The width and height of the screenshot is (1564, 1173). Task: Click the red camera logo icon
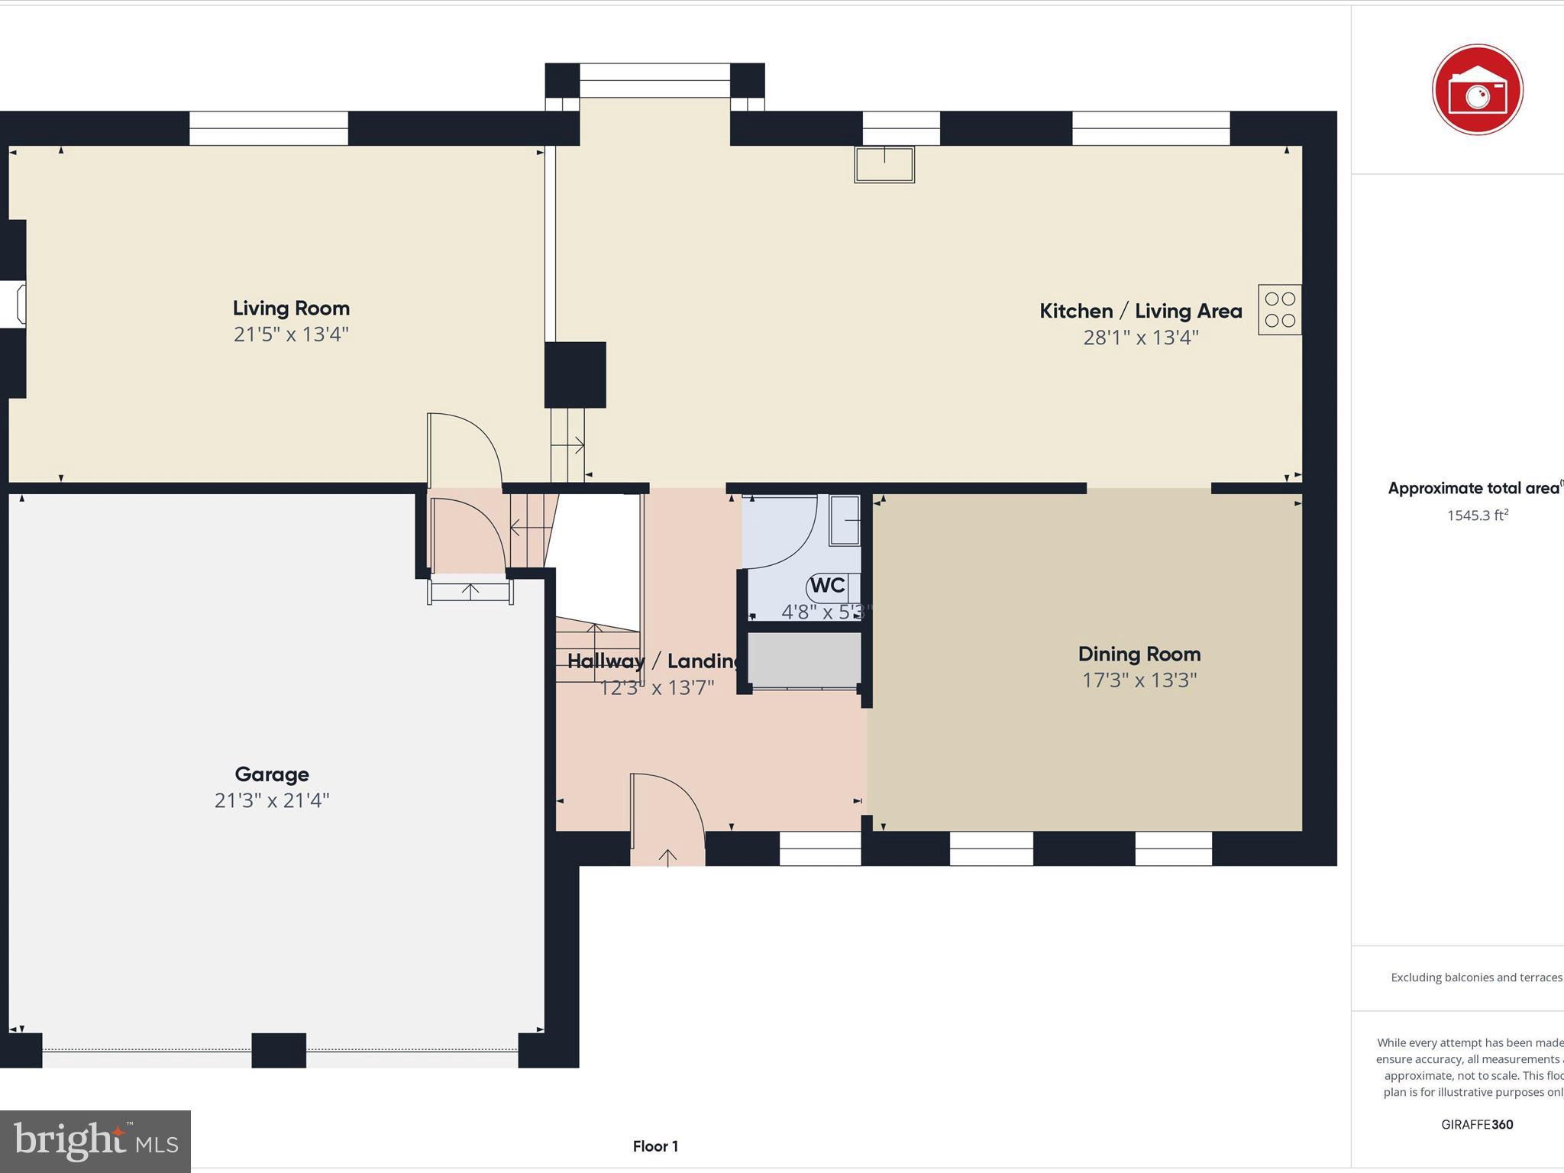click(1477, 90)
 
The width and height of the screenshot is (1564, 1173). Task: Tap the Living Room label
click(291, 309)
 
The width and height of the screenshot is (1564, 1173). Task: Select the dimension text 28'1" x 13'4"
click(1141, 338)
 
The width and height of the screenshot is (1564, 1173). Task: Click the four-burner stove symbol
click(1280, 310)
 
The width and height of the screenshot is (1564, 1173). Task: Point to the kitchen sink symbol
click(884, 165)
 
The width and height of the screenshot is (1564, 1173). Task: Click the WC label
click(828, 586)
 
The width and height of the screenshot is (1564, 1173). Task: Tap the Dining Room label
click(1139, 654)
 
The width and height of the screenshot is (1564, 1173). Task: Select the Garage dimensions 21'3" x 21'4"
click(272, 800)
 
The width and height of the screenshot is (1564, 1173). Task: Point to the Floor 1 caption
click(655, 1146)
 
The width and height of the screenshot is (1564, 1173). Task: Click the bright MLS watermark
click(95, 1141)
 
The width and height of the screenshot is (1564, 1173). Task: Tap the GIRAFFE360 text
click(1477, 1124)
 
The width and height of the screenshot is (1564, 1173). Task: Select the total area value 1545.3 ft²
click(1477, 515)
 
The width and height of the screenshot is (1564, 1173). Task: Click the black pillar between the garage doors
click(279, 1050)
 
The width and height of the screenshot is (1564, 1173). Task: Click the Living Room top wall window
click(269, 128)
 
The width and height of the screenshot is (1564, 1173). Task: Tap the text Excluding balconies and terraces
click(1475, 977)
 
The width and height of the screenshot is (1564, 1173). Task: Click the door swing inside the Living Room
click(464, 451)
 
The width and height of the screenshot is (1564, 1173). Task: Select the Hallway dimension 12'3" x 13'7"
click(657, 688)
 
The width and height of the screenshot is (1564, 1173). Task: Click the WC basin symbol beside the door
click(845, 520)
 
